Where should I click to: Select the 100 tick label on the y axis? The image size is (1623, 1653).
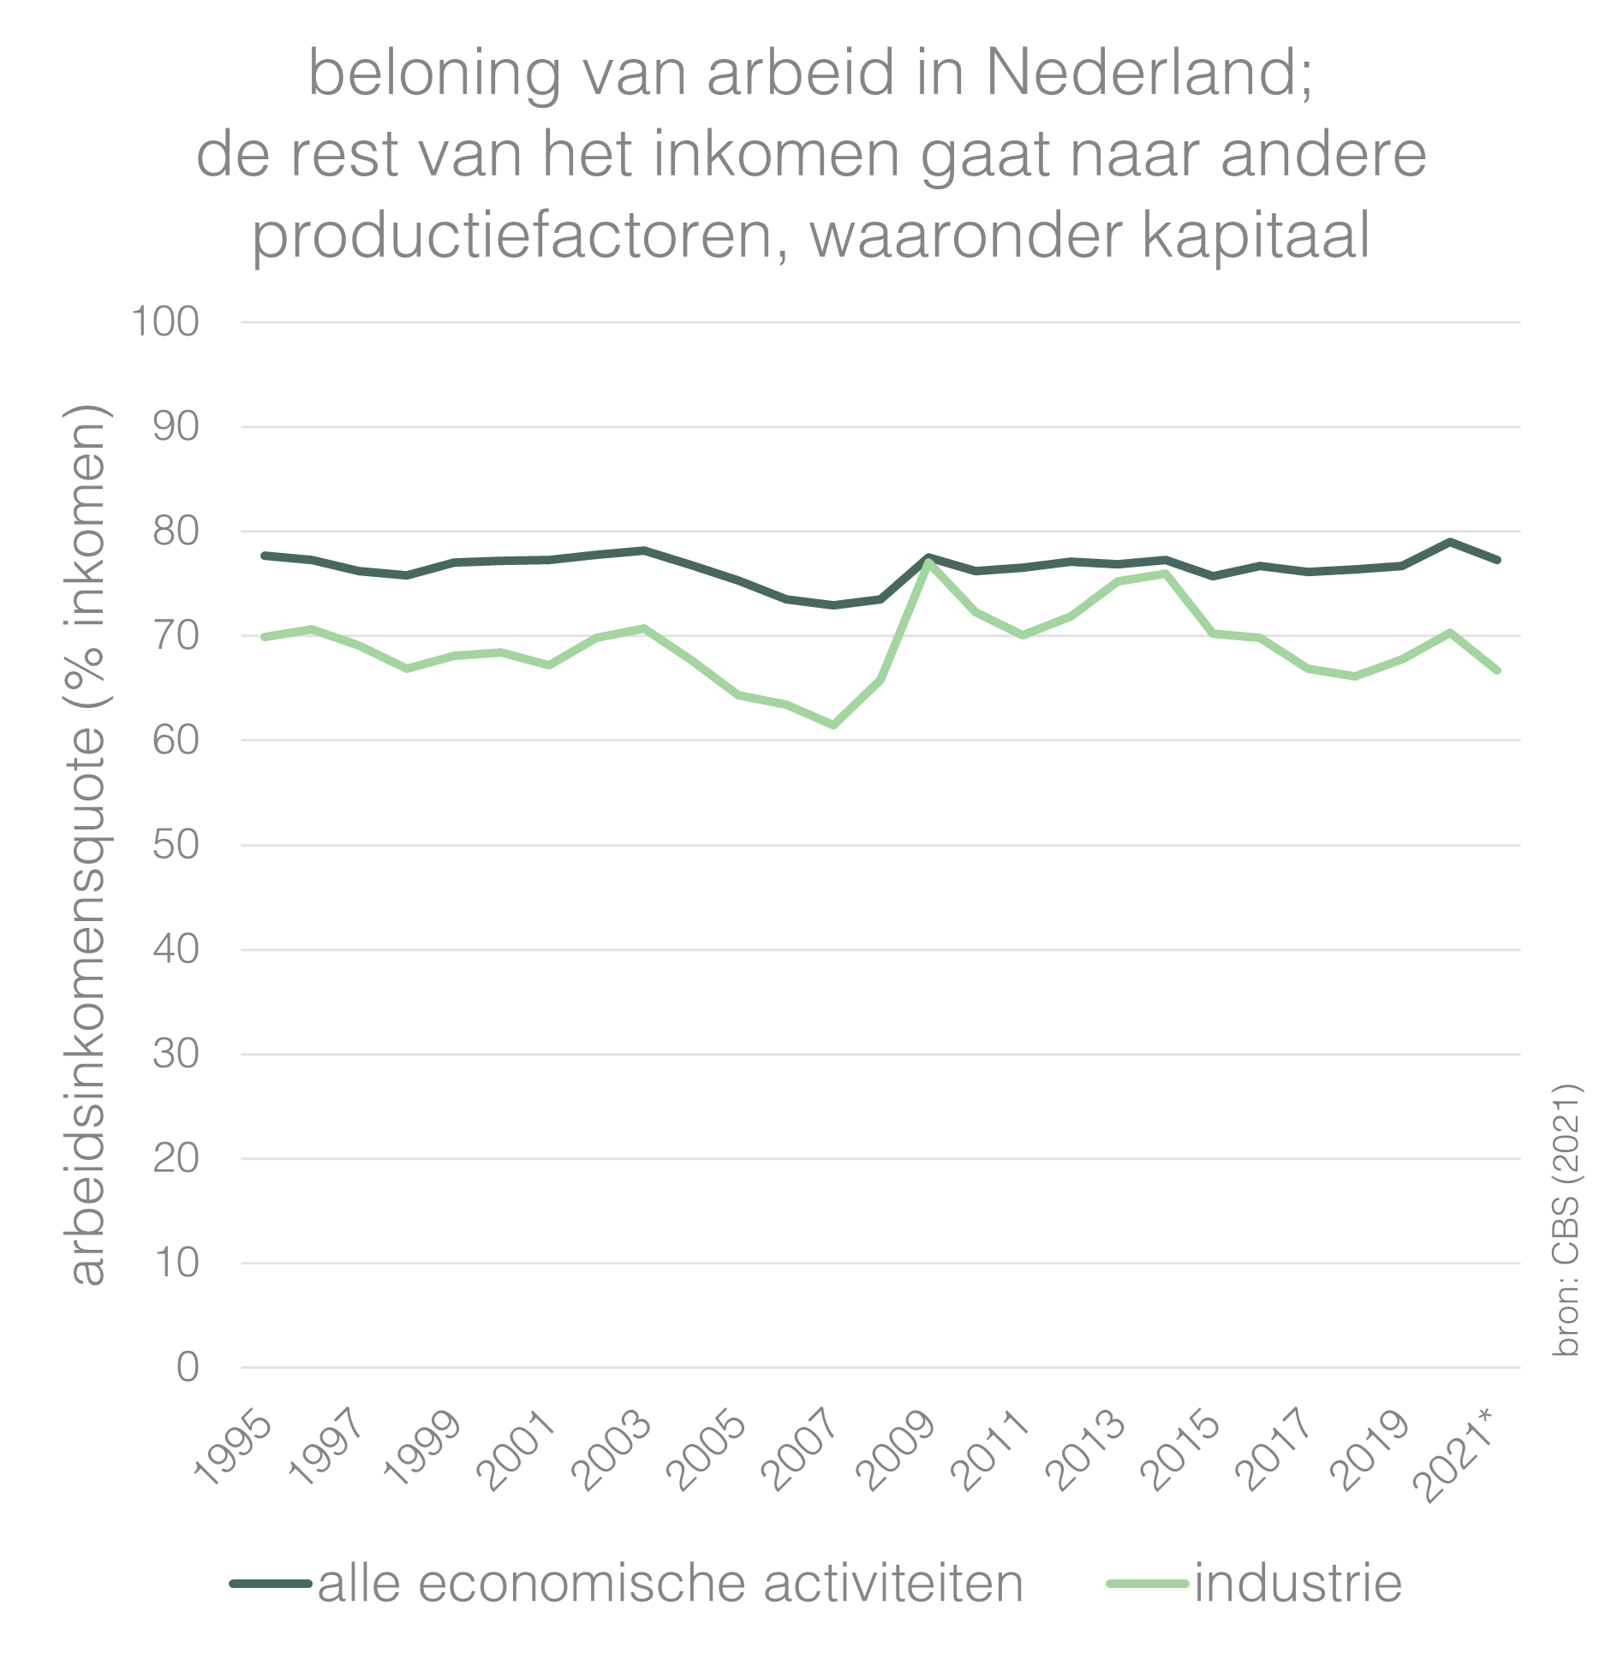164,323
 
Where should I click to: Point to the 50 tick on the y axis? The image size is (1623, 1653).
176,845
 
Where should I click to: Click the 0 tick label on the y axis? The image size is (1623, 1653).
188,1367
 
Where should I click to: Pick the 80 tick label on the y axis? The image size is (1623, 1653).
176,532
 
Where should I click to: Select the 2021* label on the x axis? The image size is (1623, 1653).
1459,1455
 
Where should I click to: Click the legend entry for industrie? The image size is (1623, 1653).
1298,1583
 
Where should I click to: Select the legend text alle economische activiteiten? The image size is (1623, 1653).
671,1583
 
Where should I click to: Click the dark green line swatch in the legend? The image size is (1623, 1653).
271,1584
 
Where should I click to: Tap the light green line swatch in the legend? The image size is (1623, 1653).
1148,1584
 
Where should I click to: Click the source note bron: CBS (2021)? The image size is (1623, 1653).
1566,1220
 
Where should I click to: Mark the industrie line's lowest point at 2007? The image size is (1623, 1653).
833,725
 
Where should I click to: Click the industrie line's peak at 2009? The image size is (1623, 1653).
928,562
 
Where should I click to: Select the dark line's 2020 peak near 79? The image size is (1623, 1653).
1449,541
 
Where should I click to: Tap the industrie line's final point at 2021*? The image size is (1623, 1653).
1497,670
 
